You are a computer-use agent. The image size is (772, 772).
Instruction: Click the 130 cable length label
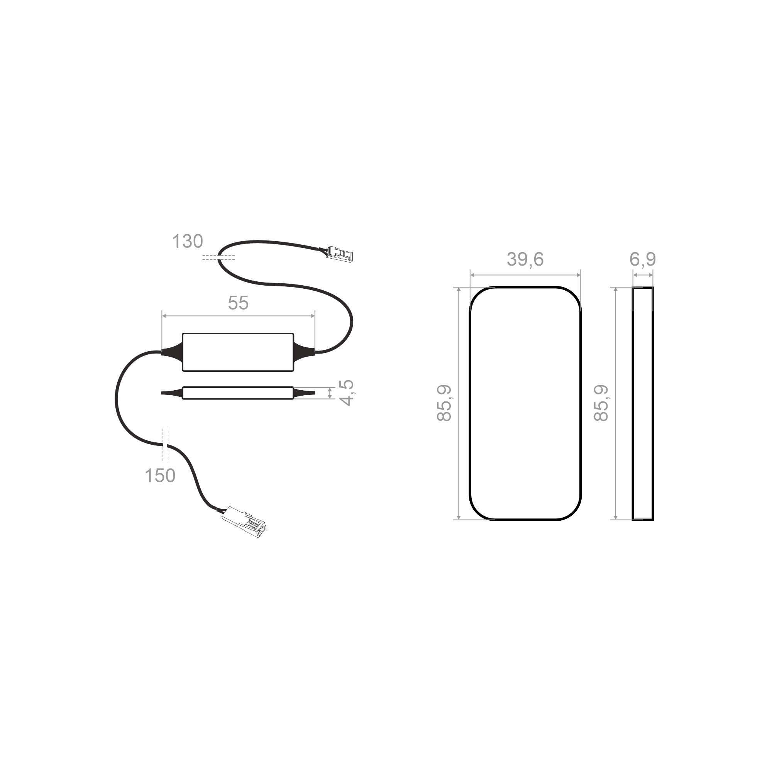click(188, 241)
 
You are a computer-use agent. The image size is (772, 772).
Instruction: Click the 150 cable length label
click(160, 476)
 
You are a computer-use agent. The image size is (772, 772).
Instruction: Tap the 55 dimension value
click(238, 303)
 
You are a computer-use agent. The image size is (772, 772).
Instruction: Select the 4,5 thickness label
click(346, 393)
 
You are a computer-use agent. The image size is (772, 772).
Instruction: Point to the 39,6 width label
click(525, 259)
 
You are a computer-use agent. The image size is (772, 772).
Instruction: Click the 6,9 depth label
click(643, 259)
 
